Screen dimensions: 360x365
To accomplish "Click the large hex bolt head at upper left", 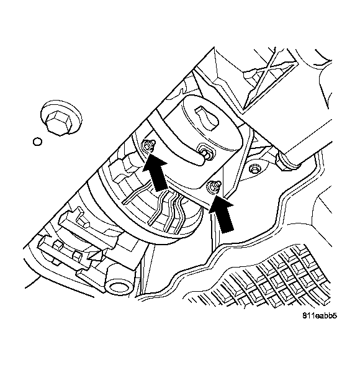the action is tap(60, 118).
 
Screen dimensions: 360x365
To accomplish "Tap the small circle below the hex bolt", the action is tap(37, 142).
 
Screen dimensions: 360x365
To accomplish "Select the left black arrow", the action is tap(155, 172).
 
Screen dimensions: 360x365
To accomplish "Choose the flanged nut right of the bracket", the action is tap(254, 168).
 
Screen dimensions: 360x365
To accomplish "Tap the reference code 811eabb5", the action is tap(320, 315).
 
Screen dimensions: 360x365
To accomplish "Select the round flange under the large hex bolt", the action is tap(61, 117).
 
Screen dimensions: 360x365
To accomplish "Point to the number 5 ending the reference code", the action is tap(335, 315).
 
